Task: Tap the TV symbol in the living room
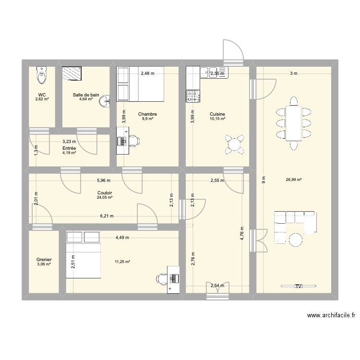pyautogui.click(x=298, y=286)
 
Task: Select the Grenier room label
pyautogui.click(x=44, y=260)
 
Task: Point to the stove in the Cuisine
pyautogui.click(x=193, y=96)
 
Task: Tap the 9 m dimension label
pyautogui.click(x=263, y=180)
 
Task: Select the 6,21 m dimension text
pyautogui.click(x=108, y=216)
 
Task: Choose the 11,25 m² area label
pyautogui.click(x=122, y=262)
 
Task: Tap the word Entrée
pyautogui.click(x=69, y=149)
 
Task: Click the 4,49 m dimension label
pyautogui.click(x=123, y=237)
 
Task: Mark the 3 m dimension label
pyautogui.click(x=293, y=73)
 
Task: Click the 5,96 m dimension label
pyautogui.click(x=104, y=180)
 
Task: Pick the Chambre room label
pyautogui.click(x=147, y=114)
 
